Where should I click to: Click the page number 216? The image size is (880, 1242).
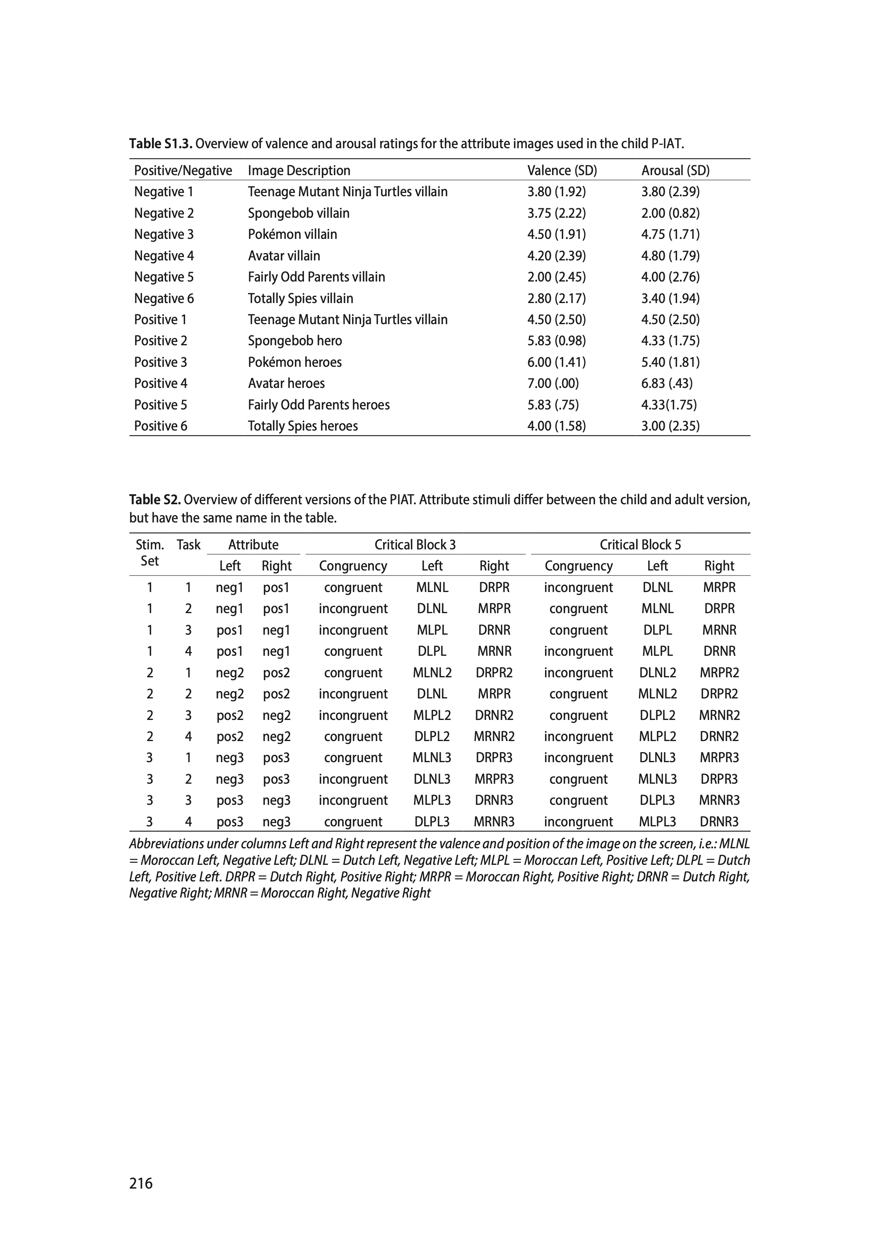(141, 1183)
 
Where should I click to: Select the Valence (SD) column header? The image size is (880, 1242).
(562, 171)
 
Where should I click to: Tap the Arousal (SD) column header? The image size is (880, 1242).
(675, 171)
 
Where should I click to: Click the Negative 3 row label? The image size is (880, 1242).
(164, 235)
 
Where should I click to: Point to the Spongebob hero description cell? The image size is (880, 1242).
(295, 341)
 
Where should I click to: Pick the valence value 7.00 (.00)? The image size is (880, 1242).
(553, 383)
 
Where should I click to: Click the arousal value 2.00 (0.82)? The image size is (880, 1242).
(670, 213)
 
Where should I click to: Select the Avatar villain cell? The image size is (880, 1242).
(284, 256)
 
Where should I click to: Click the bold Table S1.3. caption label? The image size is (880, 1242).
(161, 144)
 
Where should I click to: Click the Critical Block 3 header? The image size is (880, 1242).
(415, 545)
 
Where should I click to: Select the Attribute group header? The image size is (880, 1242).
(253, 545)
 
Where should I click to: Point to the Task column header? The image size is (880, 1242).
(188, 545)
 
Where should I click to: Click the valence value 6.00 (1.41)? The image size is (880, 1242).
(557, 362)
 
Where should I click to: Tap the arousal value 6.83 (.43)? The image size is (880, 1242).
(667, 383)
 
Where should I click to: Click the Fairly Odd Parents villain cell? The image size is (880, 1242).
(316, 277)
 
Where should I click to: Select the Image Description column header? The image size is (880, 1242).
(299, 171)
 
